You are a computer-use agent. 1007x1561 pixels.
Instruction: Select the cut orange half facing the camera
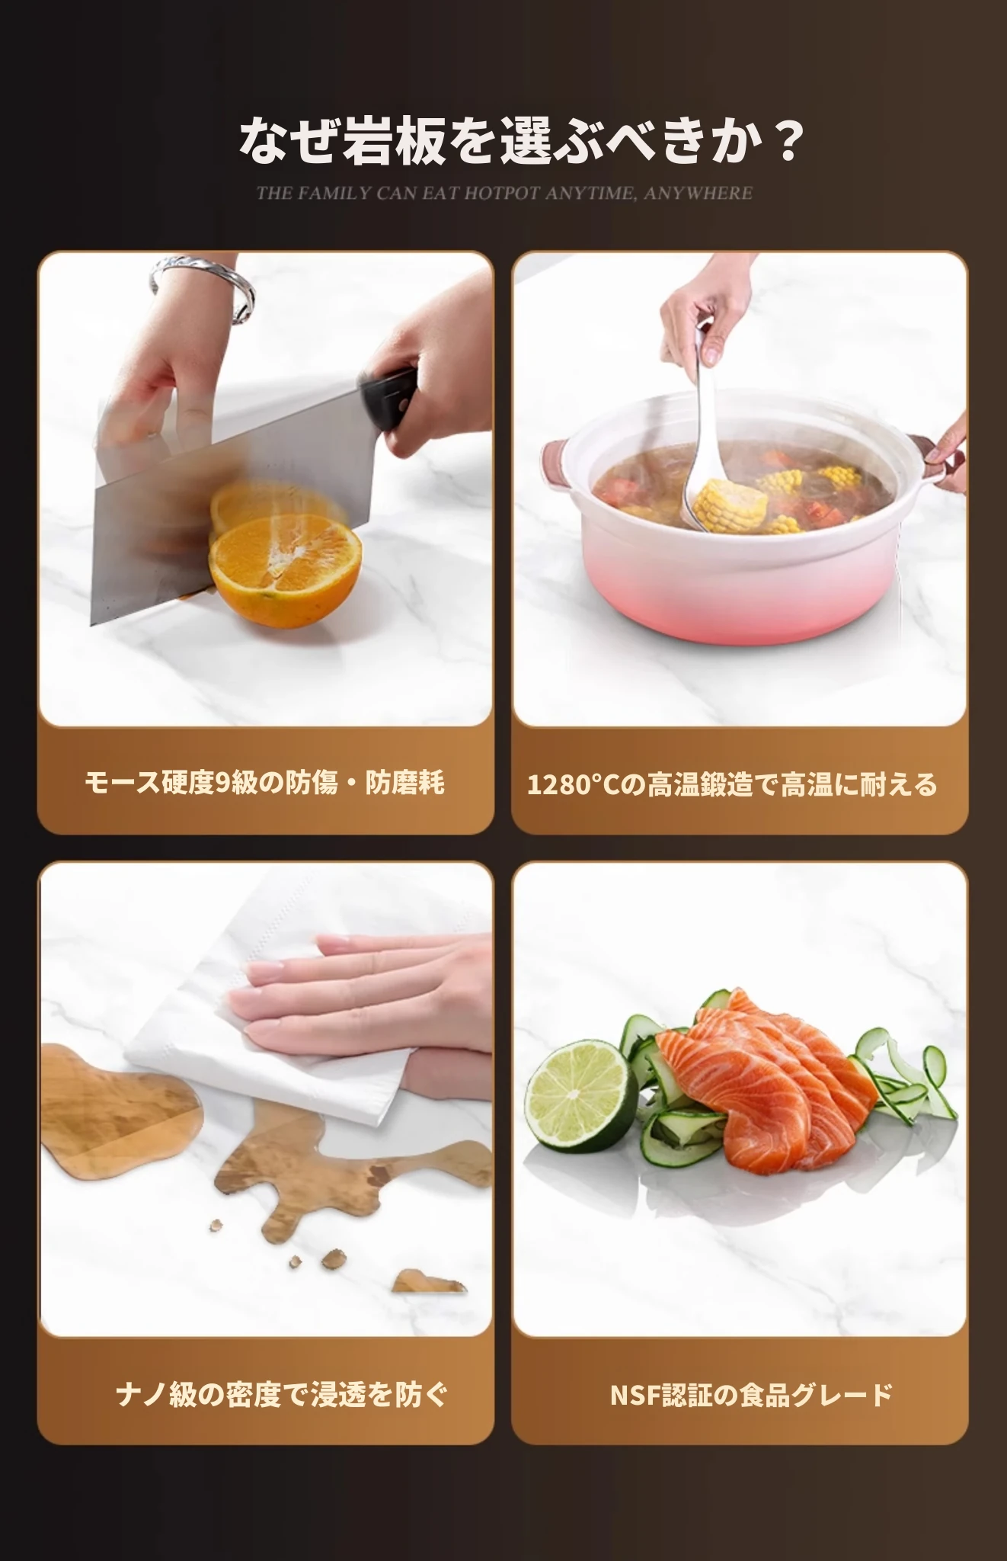point(286,566)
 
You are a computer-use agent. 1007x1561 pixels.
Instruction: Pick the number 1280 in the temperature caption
point(561,784)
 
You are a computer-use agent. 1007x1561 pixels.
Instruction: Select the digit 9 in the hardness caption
point(222,783)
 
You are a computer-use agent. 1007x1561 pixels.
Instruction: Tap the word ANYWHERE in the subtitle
point(698,193)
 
